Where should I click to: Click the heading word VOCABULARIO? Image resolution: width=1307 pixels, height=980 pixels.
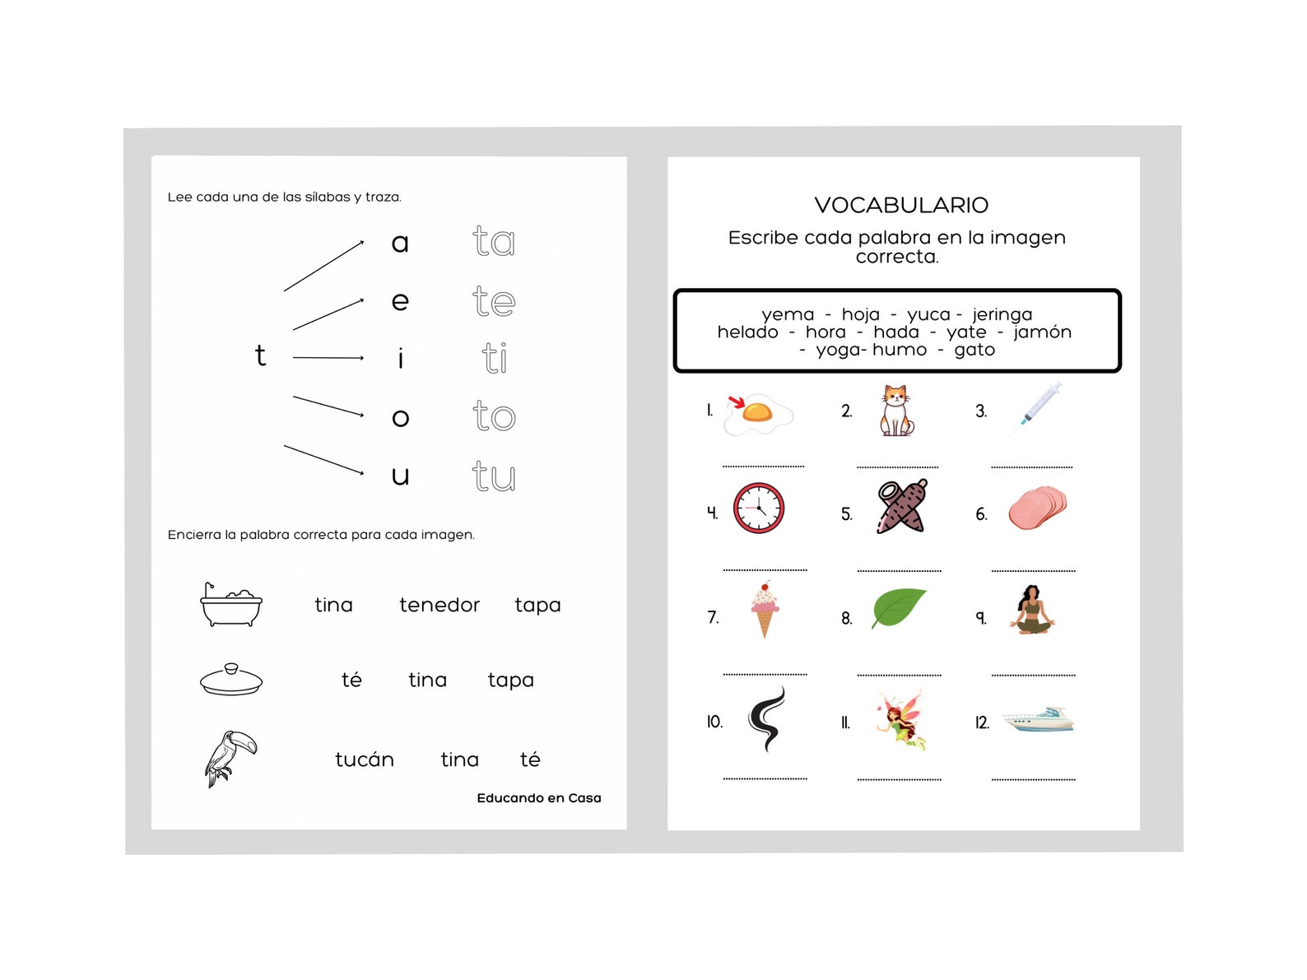tap(901, 205)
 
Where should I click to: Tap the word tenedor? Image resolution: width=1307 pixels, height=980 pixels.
tap(439, 605)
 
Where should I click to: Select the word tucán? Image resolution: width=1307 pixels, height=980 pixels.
tap(364, 759)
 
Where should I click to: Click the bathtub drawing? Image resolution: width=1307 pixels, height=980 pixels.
tap(231, 605)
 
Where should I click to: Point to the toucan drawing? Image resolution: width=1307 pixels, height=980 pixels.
tap(230, 758)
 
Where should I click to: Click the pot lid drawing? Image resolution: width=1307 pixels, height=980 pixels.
tap(231, 680)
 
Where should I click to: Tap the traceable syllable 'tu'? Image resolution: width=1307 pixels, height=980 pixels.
tap(494, 476)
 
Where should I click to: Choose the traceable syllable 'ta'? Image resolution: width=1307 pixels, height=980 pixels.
tap(494, 241)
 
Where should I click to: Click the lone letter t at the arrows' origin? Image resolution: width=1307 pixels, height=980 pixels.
tap(260, 355)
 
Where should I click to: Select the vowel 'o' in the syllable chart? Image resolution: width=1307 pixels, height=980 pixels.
tap(400, 417)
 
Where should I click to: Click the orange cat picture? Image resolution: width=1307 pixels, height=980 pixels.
tap(895, 411)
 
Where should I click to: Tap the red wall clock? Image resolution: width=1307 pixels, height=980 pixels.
tap(758, 508)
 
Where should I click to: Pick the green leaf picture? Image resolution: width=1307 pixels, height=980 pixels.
tap(898, 607)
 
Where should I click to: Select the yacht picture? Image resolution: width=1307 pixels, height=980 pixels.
tap(1038, 719)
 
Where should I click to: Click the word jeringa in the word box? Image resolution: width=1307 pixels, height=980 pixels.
tap(1002, 314)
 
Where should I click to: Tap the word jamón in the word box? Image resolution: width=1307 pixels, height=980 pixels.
tap(1042, 332)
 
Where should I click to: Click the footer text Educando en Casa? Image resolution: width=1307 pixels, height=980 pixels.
tap(539, 798)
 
